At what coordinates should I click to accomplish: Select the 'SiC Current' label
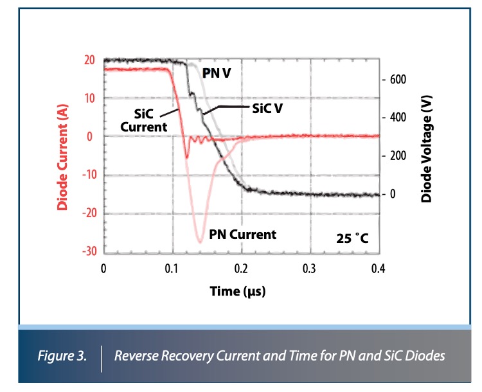pyautogui.click(x=144, y=120)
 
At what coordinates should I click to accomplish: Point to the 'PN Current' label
pyautogui.click(x=242, y=234)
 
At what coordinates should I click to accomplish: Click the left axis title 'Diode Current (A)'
pyautogui.click(x=63, y=157)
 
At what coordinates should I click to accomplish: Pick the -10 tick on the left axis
pyautogui.click(x=87, y=175)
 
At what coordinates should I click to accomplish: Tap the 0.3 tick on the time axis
pyautogui.click(x=310, y=268)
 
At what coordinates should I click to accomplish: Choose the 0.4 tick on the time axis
pyautogui.click(x=379, y=268)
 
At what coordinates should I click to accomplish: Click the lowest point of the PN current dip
pyautogui.click(x=200, y=242)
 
